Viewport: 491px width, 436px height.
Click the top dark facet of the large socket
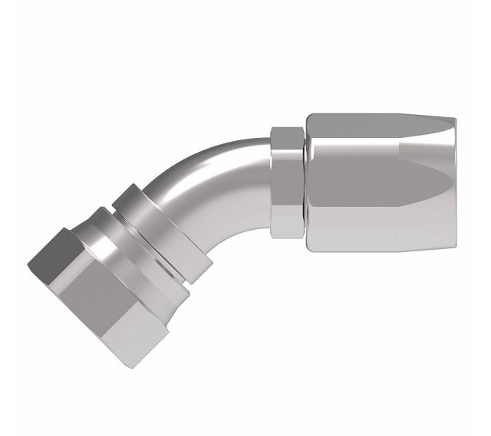pos(376,130)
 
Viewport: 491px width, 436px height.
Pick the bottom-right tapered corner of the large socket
pos(451,247)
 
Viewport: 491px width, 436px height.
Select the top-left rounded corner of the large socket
pos(310,117)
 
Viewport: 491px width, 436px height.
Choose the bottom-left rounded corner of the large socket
pos(310,251)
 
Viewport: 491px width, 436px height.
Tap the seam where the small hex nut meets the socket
pos(305,184)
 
